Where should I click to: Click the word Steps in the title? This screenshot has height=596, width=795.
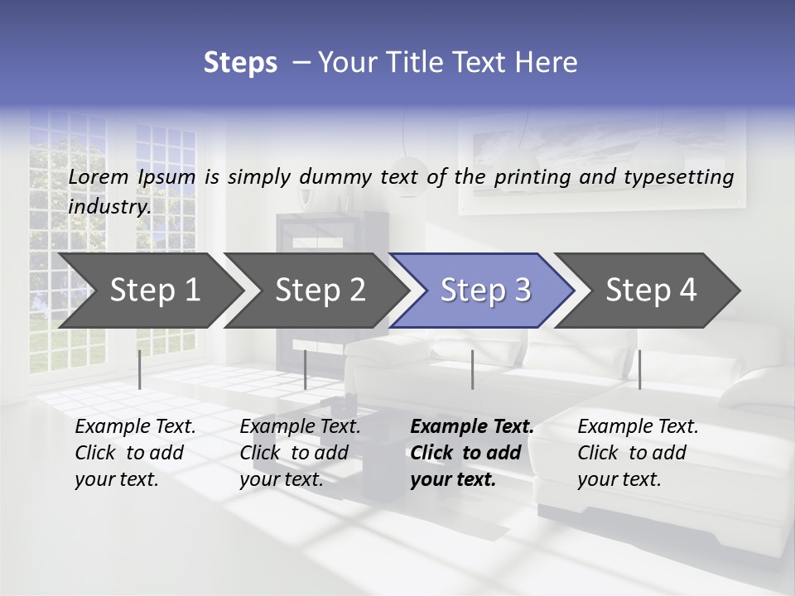click(x=240, y=63)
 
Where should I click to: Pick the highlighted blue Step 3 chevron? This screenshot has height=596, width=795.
click(x=484, y=291)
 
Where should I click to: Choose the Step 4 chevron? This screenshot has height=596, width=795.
click(x=649, y=291)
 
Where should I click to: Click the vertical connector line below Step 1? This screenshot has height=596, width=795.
click(x=139, y=369)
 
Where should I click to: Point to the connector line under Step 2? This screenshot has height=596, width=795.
click(x=306, y=369)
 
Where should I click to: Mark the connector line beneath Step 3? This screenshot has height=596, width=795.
click(x=472, y=369)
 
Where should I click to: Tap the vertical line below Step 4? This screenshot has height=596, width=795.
click(x=639, y=369)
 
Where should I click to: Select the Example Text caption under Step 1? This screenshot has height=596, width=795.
click(x=135, y=427)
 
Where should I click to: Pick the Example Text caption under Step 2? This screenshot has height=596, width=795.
click(x=300, y=427)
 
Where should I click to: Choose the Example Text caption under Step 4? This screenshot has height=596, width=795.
click(x=638, y=427)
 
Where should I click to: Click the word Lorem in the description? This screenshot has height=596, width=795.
click(x=99, y=176)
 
